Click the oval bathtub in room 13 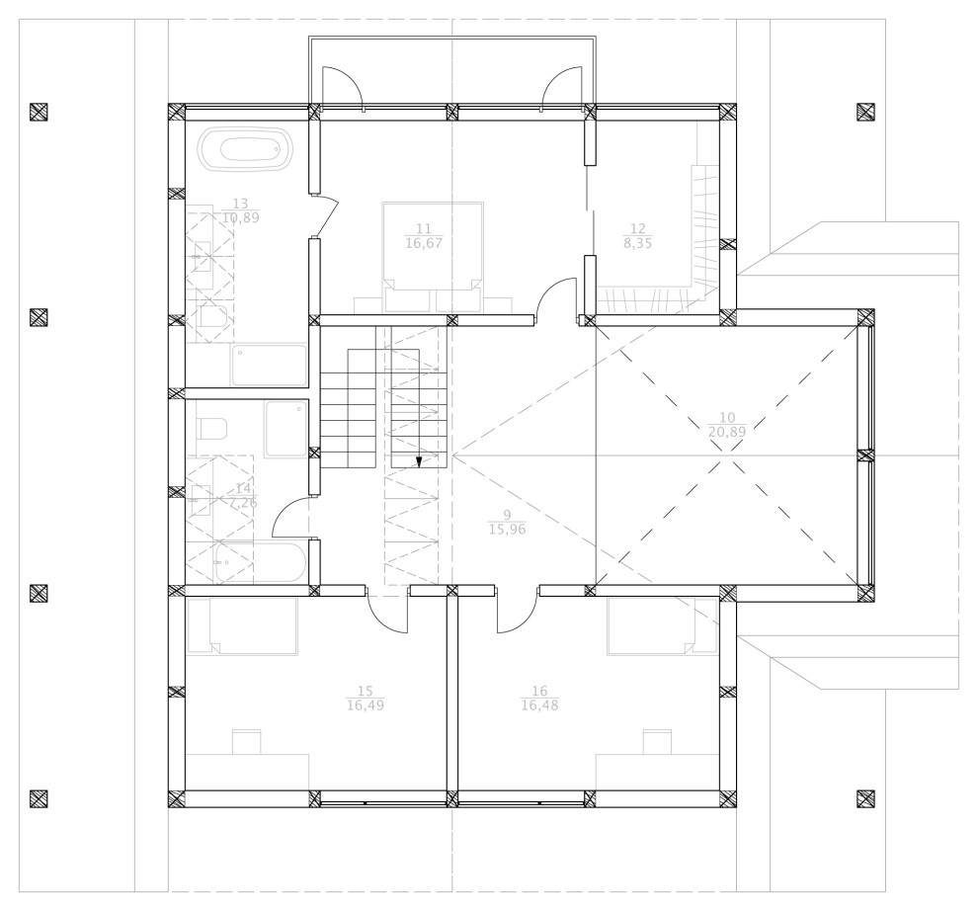tap(246, 151)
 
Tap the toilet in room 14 tap(211, 429)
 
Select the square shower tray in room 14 tap(286, 429)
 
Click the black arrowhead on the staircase tap(419, 460)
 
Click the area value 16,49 tap(365, 705)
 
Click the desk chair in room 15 tap(246, 741)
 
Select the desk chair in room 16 tap(657, 741)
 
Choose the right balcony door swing tap(561, 87)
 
